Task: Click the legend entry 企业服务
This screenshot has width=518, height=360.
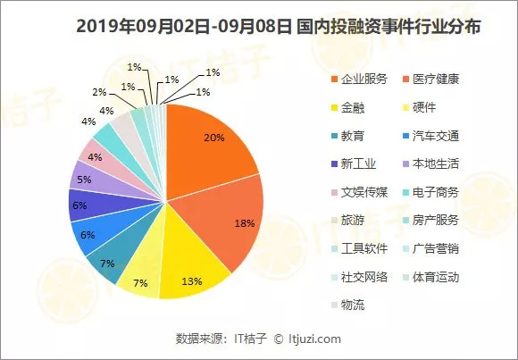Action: point(359,80)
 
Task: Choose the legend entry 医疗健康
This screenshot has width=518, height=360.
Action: point(430,80)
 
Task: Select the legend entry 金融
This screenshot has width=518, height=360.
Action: point(348,108)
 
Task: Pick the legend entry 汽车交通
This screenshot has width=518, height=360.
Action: point(430,136)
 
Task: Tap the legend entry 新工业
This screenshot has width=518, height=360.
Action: point(354,164)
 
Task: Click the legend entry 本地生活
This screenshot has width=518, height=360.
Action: point(430,164)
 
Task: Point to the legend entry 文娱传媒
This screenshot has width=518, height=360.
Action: point(359,192)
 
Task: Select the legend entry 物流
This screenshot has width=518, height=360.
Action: point(348,305)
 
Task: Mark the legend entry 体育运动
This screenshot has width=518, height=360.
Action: point(430,277)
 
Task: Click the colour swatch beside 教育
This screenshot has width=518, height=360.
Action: point(334,136)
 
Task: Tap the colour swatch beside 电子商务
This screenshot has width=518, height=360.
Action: point(406,192)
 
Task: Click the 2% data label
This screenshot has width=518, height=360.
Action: point(99,92)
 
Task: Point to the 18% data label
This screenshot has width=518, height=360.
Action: point(245,223)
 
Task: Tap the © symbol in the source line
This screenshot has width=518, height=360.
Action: point(279,339)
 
